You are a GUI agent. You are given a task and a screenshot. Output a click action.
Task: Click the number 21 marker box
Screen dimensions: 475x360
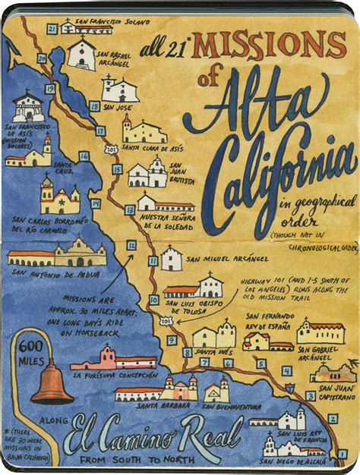(x=52, y=29)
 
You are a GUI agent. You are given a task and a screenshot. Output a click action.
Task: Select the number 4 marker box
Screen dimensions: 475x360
(x=286, y=371)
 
